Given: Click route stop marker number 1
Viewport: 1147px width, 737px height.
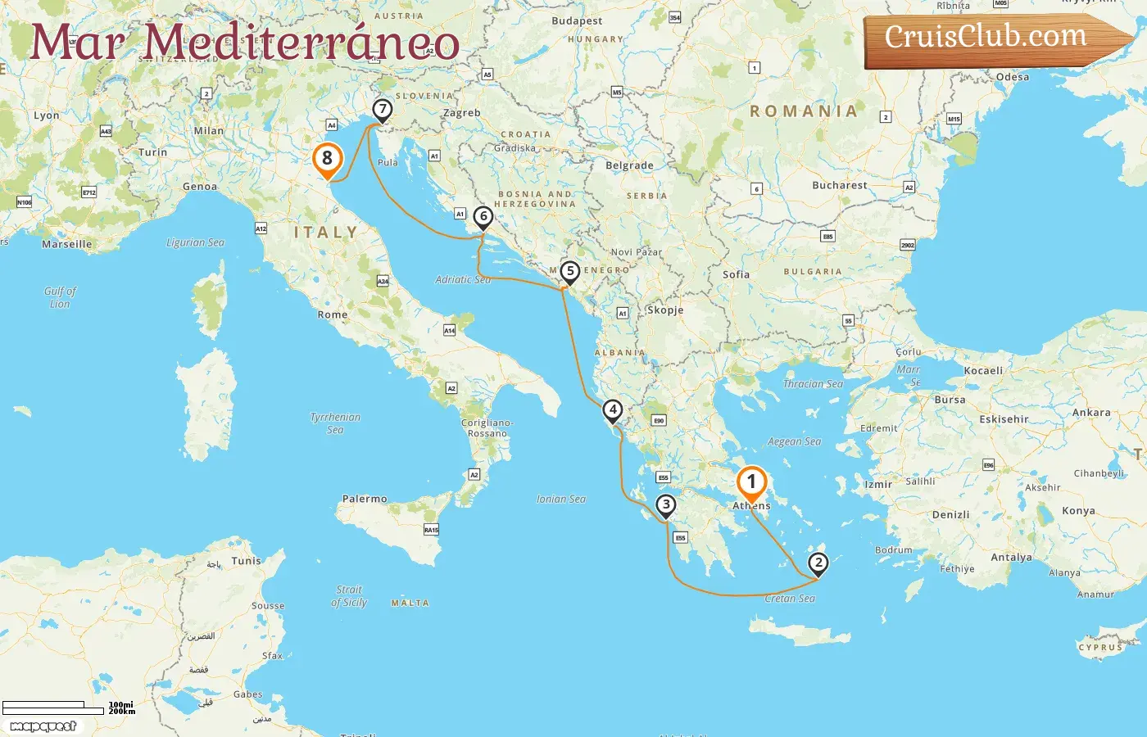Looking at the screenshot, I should tap(751, 482).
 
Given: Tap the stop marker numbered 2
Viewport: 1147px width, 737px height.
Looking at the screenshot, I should tap(818, 563).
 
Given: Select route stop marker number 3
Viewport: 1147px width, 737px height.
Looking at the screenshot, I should tap(666, 505).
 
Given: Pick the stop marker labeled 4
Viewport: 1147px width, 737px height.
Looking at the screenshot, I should tap(612, 409).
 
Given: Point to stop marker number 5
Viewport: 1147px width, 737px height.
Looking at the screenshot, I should tap(569, 271).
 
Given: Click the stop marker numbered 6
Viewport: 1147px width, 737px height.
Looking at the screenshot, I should tap(483, 217).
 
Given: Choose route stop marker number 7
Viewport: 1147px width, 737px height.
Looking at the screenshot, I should tap(382, 109).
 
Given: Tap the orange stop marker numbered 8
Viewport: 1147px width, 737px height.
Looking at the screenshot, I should tap(327, 158).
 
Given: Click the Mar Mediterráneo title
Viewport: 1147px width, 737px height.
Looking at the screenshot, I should tap(244, 43).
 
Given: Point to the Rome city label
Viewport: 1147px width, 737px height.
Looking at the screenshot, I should tap(333, 314).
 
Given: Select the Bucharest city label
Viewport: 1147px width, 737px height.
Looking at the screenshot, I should tap(839, 185).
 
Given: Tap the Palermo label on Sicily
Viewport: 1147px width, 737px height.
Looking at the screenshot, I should tap(365, 499).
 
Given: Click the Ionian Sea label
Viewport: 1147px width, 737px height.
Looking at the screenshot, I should tap(561, 499).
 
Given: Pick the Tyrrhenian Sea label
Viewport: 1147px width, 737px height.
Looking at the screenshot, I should tap(335, 423).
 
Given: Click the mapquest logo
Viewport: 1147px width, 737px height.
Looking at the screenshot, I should tap(43, 726).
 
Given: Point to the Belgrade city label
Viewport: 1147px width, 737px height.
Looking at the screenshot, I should tap(629, 165).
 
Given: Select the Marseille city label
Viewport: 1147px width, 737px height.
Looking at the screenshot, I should tap(67, 244).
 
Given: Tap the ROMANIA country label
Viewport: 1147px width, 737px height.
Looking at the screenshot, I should tap(804, 111).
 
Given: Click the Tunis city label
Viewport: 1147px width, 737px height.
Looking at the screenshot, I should tap(246, 561).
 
